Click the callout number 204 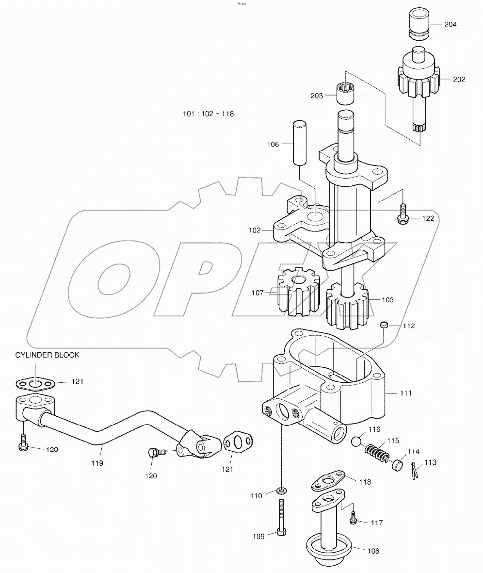[450, 24]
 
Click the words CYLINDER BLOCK [47, 355]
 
